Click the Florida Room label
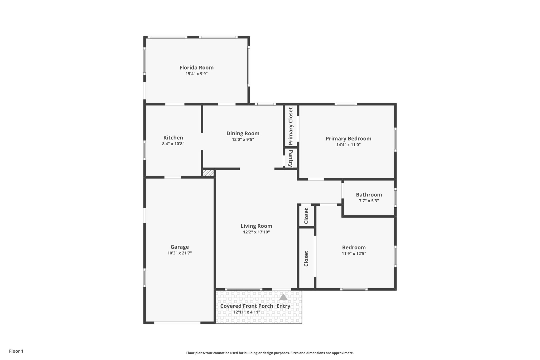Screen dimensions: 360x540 coord(196,68)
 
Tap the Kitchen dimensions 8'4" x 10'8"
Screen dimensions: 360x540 coord(173,144)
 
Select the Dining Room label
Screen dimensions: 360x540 coord(243,133)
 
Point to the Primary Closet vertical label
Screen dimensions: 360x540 coord(291,126)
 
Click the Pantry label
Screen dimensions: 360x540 coord(291,158)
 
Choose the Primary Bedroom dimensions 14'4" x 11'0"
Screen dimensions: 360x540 coord(348,145)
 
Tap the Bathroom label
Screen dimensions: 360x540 coord(369,195)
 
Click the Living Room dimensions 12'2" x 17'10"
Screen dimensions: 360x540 coord(256,232)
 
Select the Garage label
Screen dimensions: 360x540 coord(180,247)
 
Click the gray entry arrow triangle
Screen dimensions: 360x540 coord(283,297)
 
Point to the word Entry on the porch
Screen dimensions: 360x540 coord(283,306)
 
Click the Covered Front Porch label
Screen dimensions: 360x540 coord(247,306)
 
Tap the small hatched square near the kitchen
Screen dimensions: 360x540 coord(208,173)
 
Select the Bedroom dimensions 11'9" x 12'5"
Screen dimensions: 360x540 coord(354,253)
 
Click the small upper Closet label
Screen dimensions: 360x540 coord(306,216)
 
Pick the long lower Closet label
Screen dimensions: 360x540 coord(306,258)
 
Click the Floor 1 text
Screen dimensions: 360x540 coord(16,351)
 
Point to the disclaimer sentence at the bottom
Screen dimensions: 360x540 coord(270,353)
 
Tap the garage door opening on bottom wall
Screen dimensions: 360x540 coord(177,323)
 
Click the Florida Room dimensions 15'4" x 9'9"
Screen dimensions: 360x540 coord(196,74)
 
